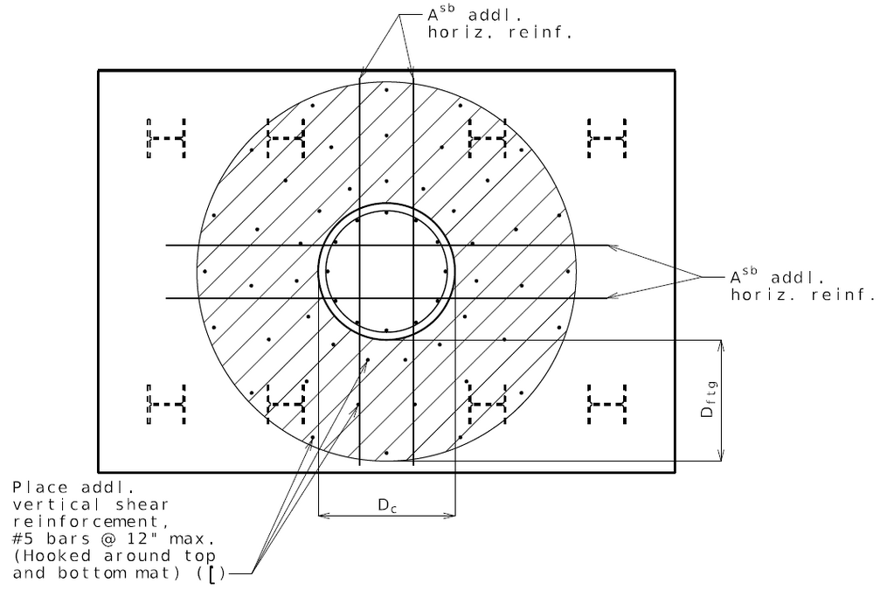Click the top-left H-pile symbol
[166, 138]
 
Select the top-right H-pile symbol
[607, 138]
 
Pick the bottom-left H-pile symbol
[166, 405]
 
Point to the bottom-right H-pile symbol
[607, 405]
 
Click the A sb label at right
[745, 278]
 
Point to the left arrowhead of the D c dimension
[324, 516]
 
